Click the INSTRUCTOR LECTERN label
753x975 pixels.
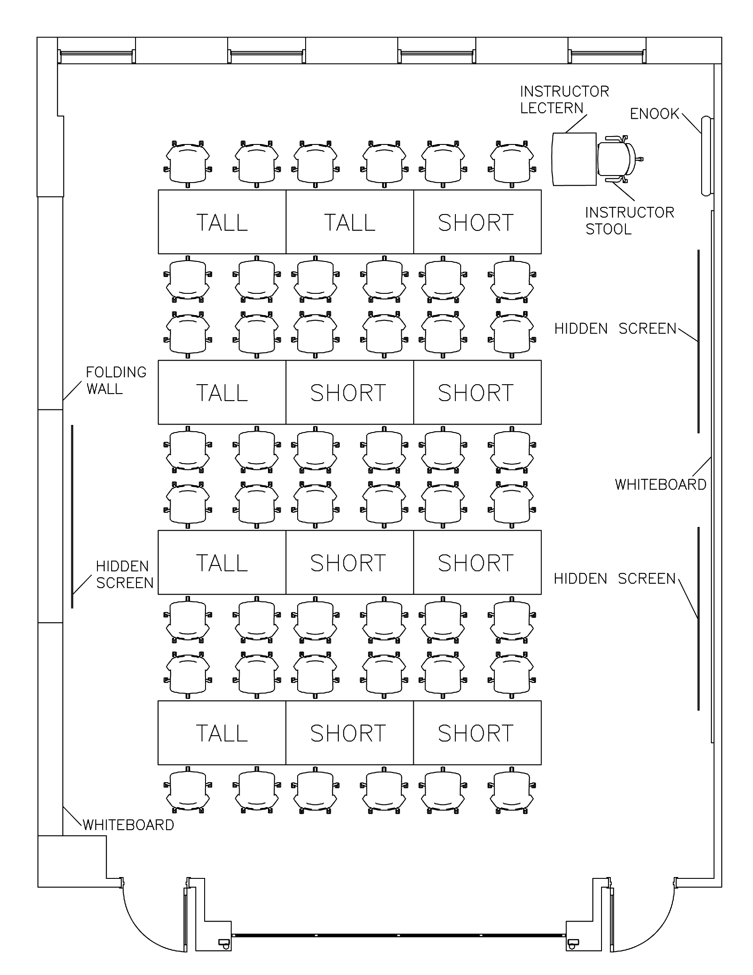pyautogui.click(x=564, y=100)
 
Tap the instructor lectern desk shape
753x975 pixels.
pyautogui.click(x=574, y=159)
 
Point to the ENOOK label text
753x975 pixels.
pyautogui.click(x=654, y=114)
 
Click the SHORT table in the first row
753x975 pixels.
pyautogui.click(x=477, y=222)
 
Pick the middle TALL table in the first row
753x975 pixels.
pyautogui.click(x=349, y=222)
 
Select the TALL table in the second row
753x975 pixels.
pyautogui.click(x=222, y=392)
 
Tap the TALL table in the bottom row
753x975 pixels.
pyautogui.click(x=222, y=733)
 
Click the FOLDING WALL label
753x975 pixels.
pyautogui.click(x=116, y=380)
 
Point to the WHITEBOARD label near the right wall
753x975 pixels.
pyautogui.click(x=660, y=484)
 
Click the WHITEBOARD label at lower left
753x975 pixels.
pyautogui.click(x=128, y=825)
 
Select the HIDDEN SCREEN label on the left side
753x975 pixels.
pyautogui.click(x=124, y=574)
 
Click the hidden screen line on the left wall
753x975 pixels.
pyautogui.click(x=72, y=516)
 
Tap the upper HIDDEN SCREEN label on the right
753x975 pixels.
pyautogui.click(x=615, y=328)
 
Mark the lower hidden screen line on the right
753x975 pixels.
pyautogui.click(x=699, y=618)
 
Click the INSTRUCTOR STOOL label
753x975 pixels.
pyautogui.click(x=629, y=221)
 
